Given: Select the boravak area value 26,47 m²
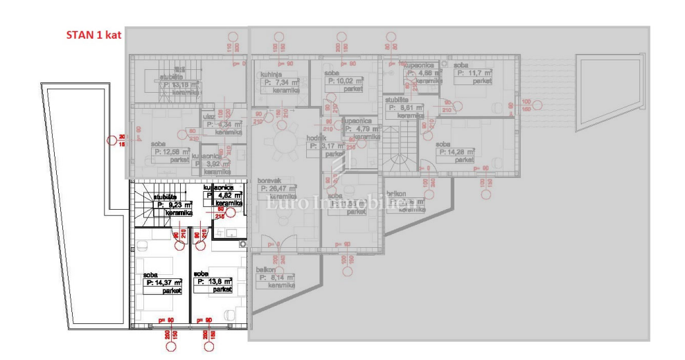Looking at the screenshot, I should (277, 188).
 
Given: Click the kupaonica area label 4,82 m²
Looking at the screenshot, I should (224, 196).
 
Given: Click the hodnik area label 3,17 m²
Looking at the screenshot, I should (323, 146).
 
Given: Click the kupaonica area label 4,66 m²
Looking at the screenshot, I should (420, 73).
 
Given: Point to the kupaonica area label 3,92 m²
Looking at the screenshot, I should (219, 164).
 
